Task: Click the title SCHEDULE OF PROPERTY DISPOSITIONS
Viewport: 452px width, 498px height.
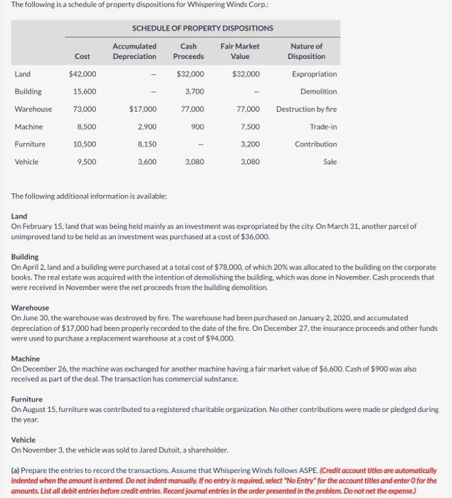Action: [203, 28]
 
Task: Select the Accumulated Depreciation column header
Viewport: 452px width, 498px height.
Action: [135, 51]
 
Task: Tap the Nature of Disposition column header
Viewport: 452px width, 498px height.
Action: [306, 51]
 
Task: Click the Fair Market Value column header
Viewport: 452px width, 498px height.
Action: [240, 51]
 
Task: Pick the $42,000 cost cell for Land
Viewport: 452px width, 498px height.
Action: [83, 74]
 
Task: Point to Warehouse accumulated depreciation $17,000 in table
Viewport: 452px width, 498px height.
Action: [143, 109]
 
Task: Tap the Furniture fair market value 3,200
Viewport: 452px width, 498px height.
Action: [250, 144]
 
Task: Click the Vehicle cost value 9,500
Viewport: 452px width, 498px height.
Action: [86, 162]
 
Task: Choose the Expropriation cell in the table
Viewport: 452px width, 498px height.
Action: [314, 74]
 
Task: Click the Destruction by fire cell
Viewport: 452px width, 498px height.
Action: [306, 109]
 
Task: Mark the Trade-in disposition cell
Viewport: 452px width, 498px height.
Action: [323, 127]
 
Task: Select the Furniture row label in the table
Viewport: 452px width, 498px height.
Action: [30, 144]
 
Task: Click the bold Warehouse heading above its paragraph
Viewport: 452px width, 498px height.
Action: [31, 308]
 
